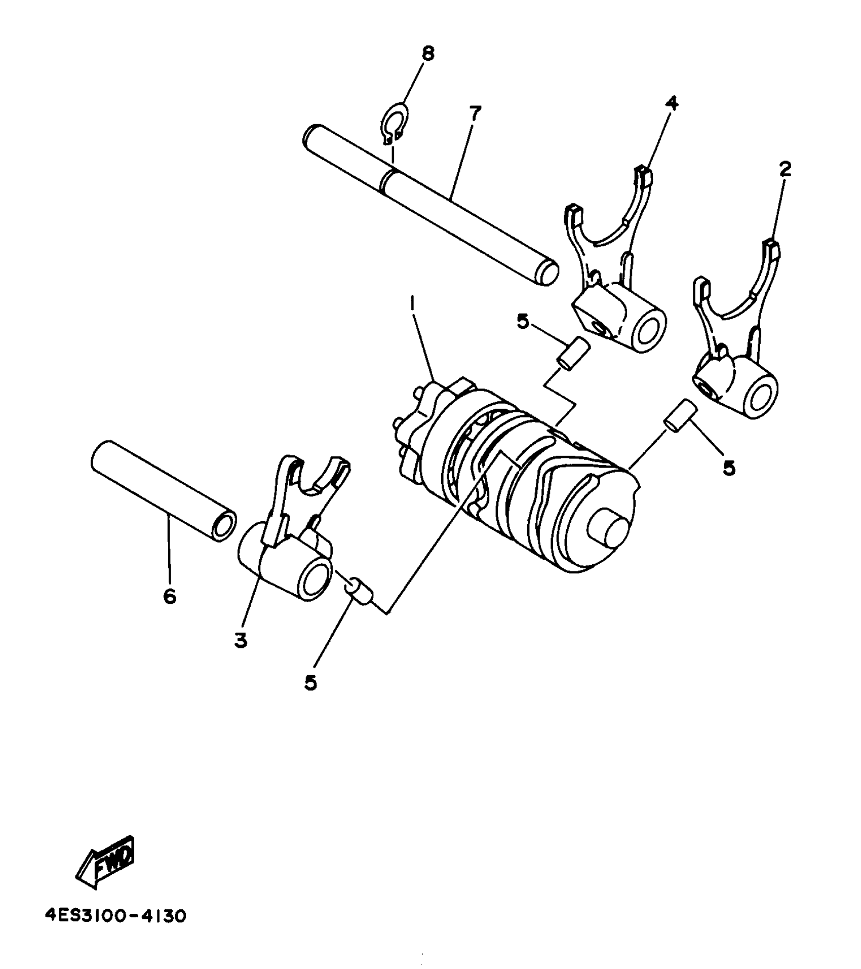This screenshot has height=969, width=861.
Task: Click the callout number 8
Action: click(428, 53)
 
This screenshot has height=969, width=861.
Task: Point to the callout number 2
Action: click(785, 169)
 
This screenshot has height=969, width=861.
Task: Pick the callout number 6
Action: click(170, 596)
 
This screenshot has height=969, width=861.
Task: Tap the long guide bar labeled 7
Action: click(430, 203)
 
